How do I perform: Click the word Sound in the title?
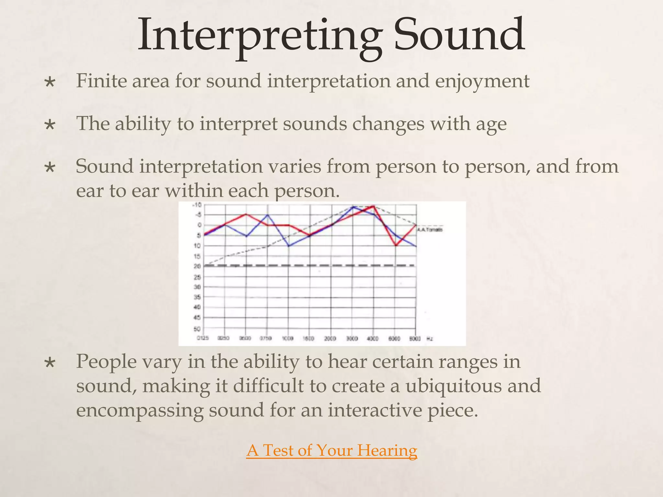[x=459, y=35]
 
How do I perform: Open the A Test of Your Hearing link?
[x=331, y=450]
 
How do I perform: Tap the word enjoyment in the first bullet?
[x=482, y=82]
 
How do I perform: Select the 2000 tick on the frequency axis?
[x=331, y=338]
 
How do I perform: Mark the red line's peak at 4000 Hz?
[x=373, y=206]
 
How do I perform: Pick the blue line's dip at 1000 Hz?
[x=289, y=246]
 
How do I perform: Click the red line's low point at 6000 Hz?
[x=396, y=246]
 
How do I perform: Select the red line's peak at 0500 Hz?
[x=246, y=214]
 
